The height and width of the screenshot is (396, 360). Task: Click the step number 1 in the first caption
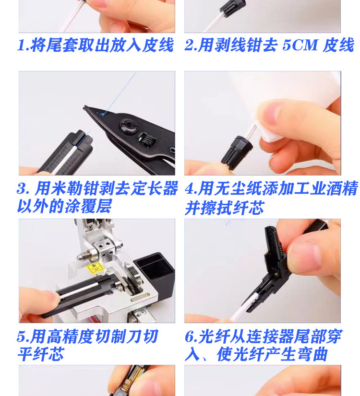[21, 46]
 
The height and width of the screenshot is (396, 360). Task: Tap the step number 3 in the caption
[21, 188]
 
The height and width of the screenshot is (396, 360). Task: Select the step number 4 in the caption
[189, 189]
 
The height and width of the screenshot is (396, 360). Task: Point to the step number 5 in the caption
[21, 337]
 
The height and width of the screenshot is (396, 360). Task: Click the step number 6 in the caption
[189, 337]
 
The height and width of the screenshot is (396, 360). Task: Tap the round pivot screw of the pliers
[128, 127]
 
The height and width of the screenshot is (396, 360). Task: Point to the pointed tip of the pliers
[84, 107]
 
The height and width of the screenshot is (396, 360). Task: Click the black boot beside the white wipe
[237, 153]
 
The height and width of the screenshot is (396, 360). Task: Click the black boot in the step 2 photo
[232, 8]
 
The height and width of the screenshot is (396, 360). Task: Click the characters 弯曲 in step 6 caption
[312, 354]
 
